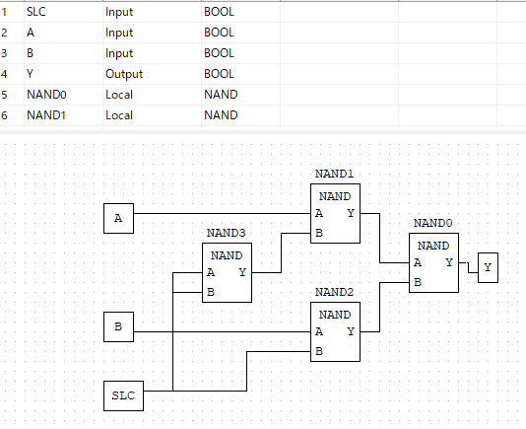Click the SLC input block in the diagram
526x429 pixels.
coord(123,395)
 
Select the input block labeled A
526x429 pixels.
coord(118,218)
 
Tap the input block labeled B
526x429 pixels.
coord(118,326)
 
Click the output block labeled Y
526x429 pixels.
coord(488,267)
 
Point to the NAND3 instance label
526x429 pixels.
coord(227,233)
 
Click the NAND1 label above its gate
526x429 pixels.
coord(335,174)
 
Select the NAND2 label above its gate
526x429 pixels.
coord(335,292)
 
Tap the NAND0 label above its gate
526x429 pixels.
coord(433,223)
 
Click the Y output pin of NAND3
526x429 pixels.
coord(242,272)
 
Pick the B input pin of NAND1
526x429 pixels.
coord(319,233)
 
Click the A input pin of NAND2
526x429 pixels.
coord(319,331)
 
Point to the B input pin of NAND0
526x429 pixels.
coord(418,282)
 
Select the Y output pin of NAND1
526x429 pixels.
coord(351,213)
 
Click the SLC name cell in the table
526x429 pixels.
coord(36,12)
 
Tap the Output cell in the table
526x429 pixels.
coord(124,74)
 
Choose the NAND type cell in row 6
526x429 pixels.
coord(221,115)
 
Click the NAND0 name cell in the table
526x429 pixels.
coord(46,95)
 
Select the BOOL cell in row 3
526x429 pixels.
coord(219,53)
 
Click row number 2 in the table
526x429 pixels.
coord(4,33)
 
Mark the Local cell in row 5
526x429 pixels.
coord(119,95)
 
